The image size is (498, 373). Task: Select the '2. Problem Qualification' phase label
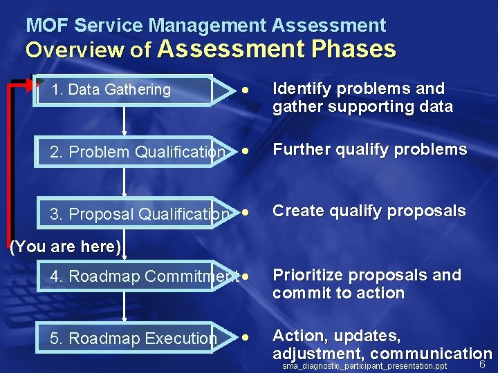click(138, 152)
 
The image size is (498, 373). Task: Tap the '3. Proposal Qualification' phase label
click(139, 214)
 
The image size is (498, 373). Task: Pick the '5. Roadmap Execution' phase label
click(133, 338)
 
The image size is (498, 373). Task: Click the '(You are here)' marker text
click(66, 247)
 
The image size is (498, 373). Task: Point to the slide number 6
click(483, 365)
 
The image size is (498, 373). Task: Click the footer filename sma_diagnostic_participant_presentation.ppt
click(365, 365)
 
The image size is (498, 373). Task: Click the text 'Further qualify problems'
click(369, 150)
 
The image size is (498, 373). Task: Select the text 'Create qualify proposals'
click(369, 211)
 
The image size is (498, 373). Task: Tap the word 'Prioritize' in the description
click(307, 275)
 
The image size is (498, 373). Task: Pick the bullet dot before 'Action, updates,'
click(245, 338)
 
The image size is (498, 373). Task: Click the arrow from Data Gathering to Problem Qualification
click(124, 120)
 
